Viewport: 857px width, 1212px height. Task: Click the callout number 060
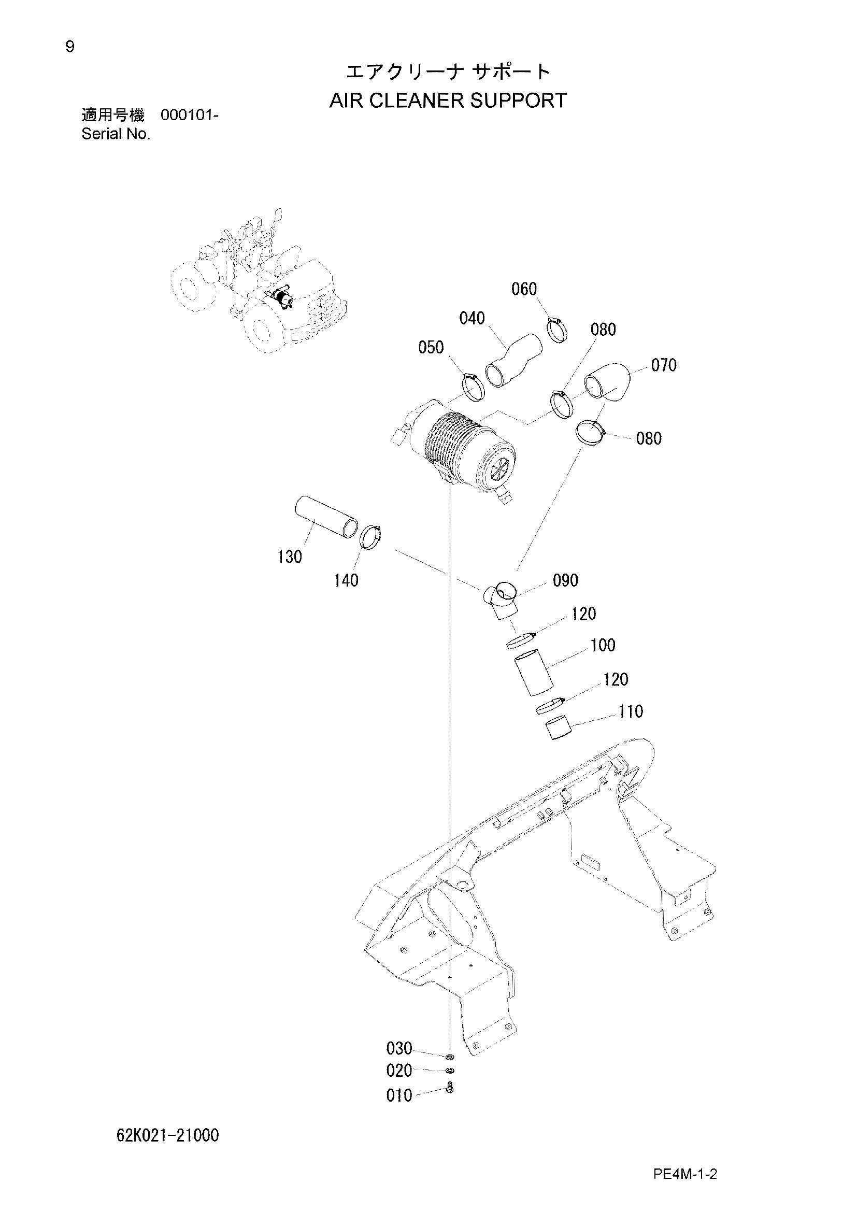coord(523,289)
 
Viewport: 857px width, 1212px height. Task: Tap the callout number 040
coord(472,318)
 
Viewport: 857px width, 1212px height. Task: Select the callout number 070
coord(664,365)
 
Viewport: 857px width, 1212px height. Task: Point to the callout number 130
coord(290,557)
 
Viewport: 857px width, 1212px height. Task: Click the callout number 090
coord(566,580)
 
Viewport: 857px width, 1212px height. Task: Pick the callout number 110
coord(631,711)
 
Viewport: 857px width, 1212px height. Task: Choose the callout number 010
coord(399,1096)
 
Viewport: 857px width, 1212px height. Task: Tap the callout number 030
coord(399,1048)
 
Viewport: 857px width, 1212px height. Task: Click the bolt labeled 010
coord(450,1088)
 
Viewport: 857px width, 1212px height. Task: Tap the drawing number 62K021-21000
coord(168,1134)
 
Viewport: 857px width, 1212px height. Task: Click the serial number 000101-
coord(190,115)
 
